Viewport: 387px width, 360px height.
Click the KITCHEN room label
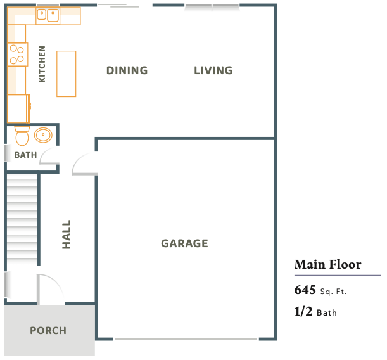42,64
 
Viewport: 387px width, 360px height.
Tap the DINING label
127,70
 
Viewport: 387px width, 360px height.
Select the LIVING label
213,70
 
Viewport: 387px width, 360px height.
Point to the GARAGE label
184,243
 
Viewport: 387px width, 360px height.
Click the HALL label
67,235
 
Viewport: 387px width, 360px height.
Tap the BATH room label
26,155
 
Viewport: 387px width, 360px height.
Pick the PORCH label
48,331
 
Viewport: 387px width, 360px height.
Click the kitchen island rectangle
67,74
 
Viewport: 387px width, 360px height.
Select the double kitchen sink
48,15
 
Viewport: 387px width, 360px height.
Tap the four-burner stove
17,55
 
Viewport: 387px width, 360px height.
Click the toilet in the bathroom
22,136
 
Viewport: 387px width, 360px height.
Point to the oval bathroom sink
43,135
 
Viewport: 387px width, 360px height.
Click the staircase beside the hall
22,219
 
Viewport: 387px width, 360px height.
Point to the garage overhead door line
186,339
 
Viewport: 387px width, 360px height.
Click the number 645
305,290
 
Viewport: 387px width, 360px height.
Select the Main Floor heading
327,264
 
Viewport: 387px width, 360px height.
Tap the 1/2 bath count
303,311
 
